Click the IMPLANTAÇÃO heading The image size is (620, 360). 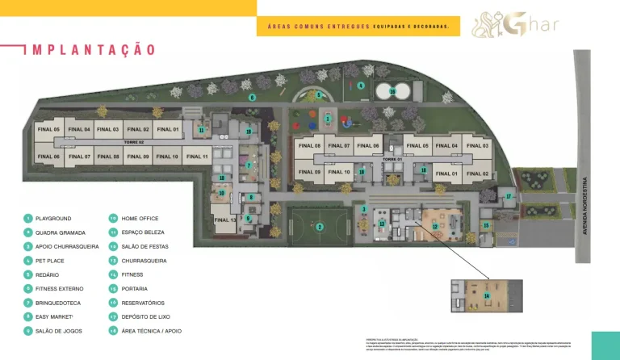90,50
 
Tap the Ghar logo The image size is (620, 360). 516,23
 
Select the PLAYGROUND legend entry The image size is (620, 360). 53,219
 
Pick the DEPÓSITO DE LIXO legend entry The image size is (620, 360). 145,317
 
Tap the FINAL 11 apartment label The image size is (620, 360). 198,157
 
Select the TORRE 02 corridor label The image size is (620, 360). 133,142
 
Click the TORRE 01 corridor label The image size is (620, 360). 392,159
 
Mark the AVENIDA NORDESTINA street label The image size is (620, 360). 585,207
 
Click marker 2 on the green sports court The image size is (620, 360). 320,227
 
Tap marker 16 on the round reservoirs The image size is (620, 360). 392,91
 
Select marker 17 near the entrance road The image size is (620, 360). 509,196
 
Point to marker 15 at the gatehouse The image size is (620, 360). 485,225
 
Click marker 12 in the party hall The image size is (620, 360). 435,228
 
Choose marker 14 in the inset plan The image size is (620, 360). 486,296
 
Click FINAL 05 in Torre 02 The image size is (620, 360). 48,129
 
